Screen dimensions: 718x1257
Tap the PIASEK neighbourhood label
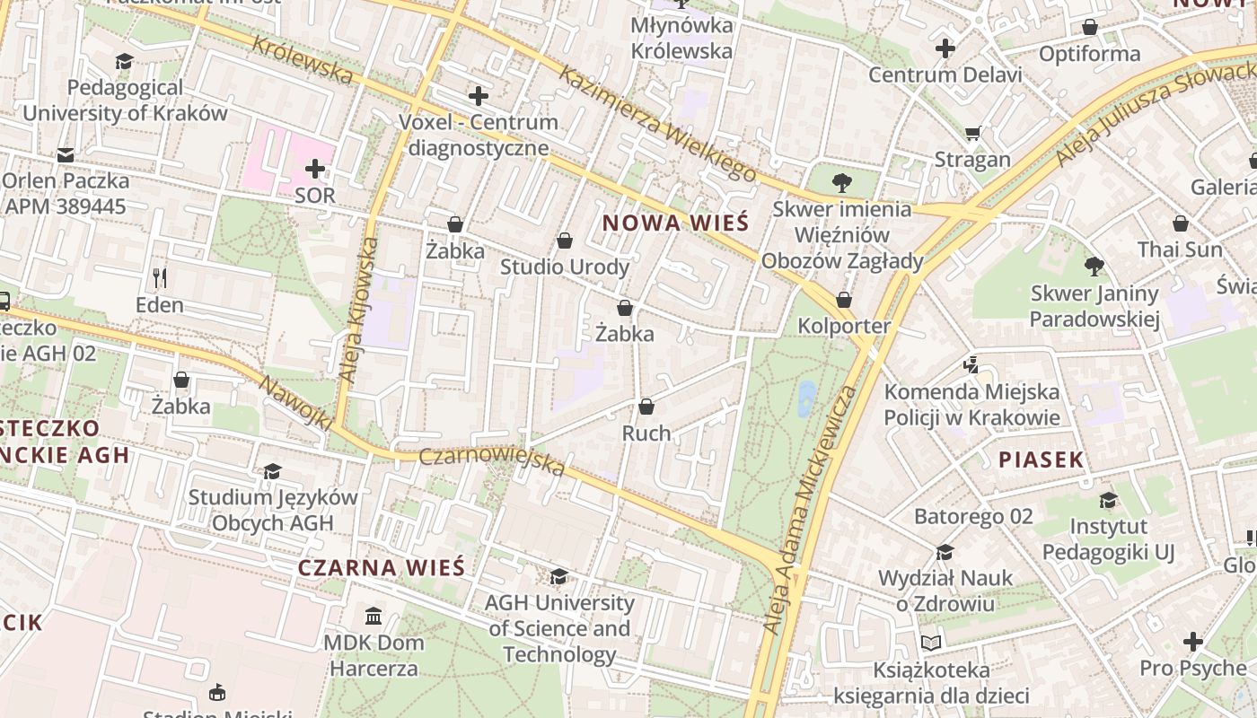1042,460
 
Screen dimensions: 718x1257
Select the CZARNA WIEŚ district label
382,567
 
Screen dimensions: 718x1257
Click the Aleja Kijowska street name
358,311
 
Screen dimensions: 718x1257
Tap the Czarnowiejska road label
492,461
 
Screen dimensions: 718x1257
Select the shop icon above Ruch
646,407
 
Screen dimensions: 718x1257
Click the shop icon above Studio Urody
565,241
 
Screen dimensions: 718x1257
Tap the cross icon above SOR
315,169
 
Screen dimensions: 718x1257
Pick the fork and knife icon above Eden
160,278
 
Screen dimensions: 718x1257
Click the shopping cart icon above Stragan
972,134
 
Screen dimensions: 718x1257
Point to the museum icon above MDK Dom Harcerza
374,616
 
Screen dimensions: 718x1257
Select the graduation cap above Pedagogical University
124,61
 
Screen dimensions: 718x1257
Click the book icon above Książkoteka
931,643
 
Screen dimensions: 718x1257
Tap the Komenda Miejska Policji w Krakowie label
971,405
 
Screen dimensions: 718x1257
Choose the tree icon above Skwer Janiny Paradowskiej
1094,267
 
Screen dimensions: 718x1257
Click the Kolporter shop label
844,326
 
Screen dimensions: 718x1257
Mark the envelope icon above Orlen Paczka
66,154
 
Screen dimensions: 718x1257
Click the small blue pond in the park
806,398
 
